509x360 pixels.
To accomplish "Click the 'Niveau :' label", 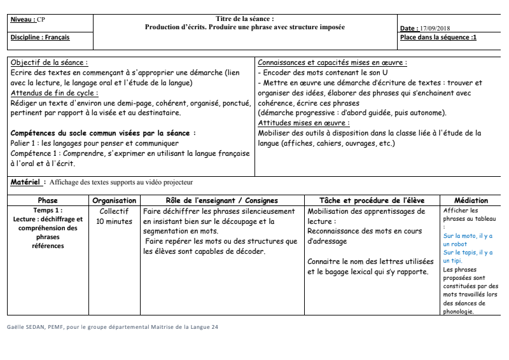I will click(24, 20).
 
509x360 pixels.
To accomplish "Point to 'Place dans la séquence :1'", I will click(438, 38).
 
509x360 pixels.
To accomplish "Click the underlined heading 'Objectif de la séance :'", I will click(50, 63).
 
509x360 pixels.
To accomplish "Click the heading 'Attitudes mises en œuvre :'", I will click(303, 123).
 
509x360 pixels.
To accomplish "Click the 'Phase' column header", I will click(47, 200).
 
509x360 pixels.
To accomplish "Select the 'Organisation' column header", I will click(115, 200).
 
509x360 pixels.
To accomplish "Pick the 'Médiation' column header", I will click(471, 200).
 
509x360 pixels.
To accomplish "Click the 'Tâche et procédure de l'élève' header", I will click(372, 200).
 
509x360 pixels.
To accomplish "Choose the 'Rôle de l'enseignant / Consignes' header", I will click(221, 200).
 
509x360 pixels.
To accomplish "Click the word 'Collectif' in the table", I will click(115, 211).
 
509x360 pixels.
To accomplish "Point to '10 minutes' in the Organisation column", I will click(115, 222).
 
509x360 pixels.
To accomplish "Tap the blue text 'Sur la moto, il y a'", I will click(468, 235).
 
